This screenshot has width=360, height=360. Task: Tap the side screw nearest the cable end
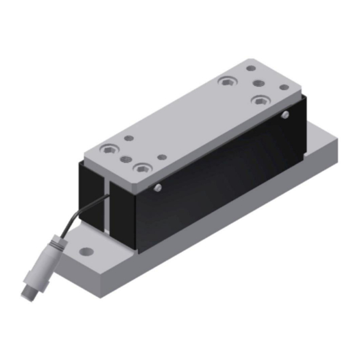[157, 188]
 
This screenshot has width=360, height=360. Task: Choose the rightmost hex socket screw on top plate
[260, 100]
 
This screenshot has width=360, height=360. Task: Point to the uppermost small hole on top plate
[251, 67]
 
